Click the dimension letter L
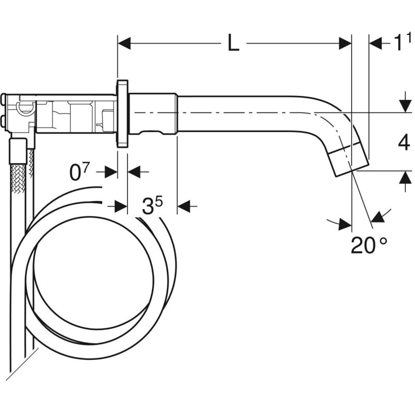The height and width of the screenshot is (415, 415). coord(233,43)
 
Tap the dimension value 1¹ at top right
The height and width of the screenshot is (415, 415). coord(402,42)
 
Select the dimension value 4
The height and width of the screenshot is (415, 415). coord(404,143)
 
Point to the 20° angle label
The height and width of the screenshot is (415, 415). coord(369,245)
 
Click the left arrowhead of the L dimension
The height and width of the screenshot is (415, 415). coord(124,43)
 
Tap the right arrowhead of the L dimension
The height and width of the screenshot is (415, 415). coord(345,43)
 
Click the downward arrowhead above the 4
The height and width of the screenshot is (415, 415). coord(405,106)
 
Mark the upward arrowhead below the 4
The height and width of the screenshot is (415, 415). coord(405,177)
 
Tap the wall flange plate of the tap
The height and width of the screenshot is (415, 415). coord(122,113)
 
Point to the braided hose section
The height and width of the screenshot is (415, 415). coord(18,177)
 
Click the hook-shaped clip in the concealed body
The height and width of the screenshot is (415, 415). coord(26,108)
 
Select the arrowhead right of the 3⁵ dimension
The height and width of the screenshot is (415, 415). coord(184,206)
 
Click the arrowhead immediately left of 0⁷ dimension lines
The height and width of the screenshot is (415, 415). coord(111,172)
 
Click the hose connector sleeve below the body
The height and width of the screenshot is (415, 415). coord(18,152)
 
